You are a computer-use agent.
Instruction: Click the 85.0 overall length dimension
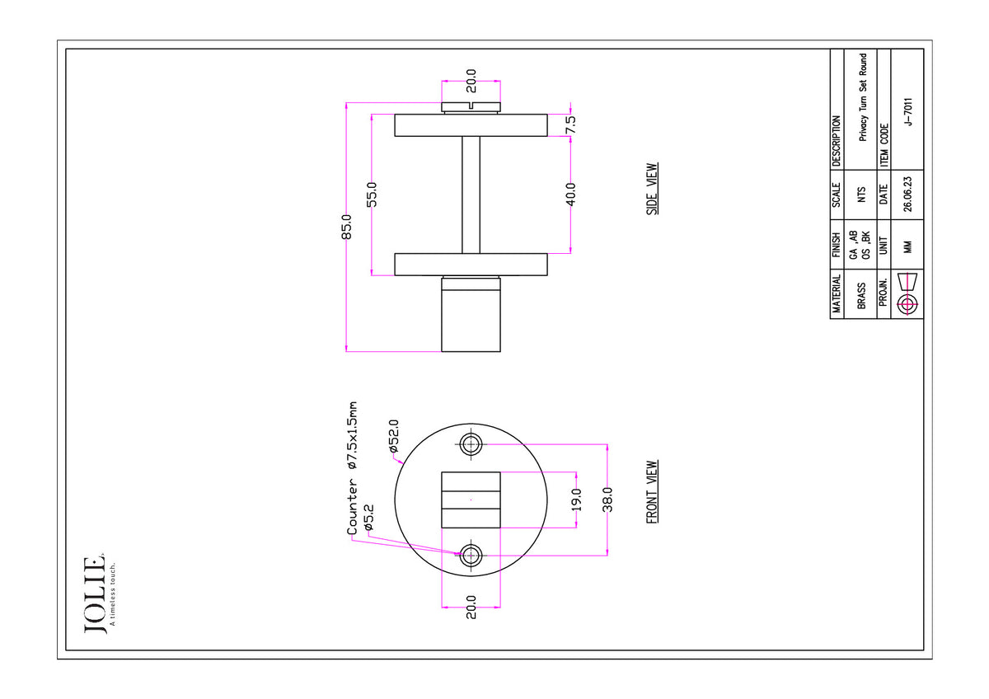click(x=347, y=227)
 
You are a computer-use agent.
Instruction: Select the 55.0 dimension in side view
click(x=373, y=195)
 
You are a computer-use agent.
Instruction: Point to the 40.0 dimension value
click(x=571, y=195)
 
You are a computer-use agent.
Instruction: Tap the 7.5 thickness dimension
click(x=571, y=124)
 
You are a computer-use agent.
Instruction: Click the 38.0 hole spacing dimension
click(x=607, y=500)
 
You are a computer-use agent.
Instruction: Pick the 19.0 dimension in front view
click(x=577, y=500)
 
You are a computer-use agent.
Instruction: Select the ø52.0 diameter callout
click(x=394, y=436)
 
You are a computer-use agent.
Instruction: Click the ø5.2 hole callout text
click(x=368, y=517)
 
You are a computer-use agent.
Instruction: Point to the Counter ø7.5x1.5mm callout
click(x=352, y=468)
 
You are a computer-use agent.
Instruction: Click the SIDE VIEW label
click(x=652, y=189)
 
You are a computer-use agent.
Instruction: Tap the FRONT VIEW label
click(x=652, y=492)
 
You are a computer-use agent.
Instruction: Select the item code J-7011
click(x=907, y=112)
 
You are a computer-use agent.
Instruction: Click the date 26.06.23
click(x=907, y=195)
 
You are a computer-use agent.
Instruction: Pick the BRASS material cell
click(x=861, y=295)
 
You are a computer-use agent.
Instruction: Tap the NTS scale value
click(x=861, y=195)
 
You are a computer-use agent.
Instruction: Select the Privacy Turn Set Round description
click(x=863, y=97)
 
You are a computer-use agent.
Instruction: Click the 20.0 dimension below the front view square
click(x=471, y=607)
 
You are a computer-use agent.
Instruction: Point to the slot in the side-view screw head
click(x=471, y=106)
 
